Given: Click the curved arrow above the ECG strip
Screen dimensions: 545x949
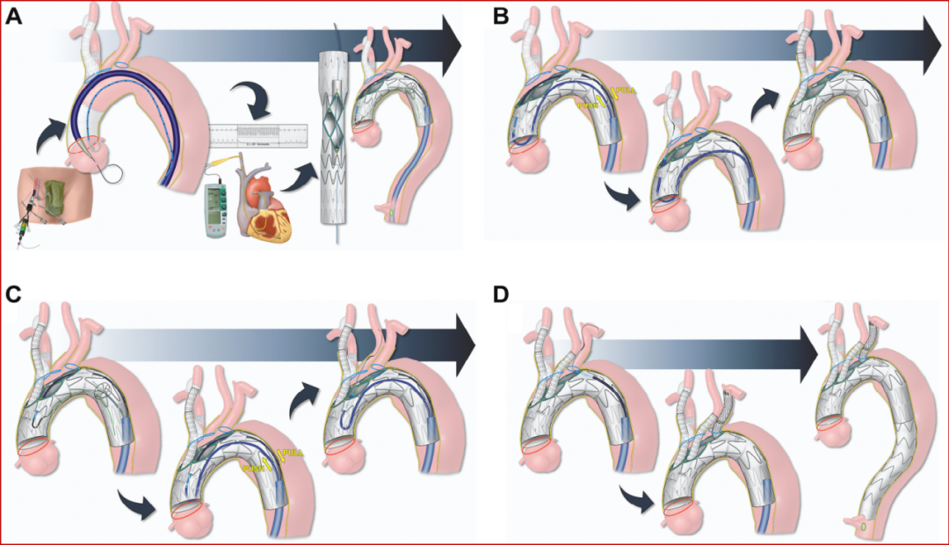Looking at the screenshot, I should point(249,97).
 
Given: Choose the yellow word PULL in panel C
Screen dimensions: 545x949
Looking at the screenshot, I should point(289,453).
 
